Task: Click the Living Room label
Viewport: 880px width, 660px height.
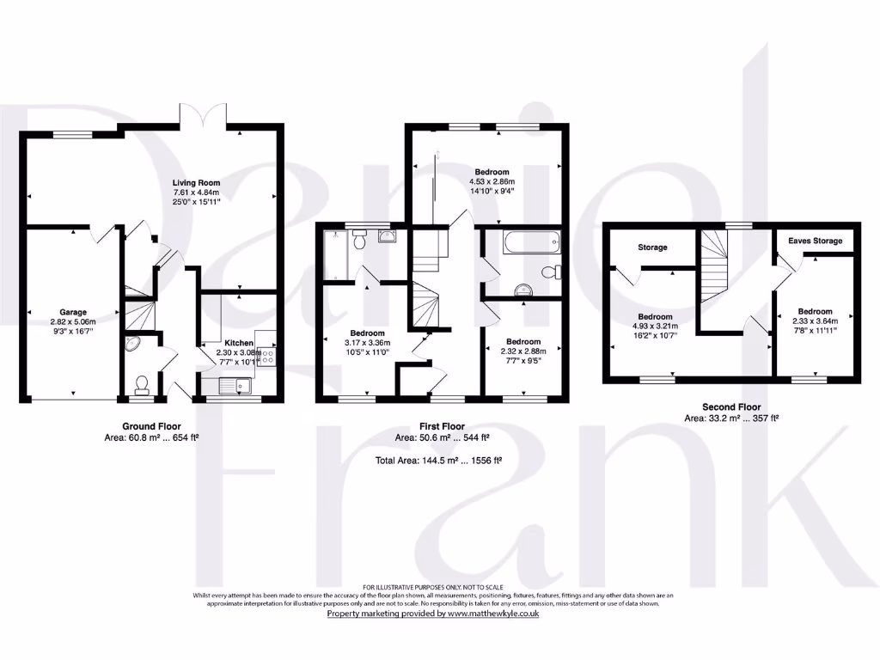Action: click(196, 182)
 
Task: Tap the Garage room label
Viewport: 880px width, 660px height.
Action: click(73, 312)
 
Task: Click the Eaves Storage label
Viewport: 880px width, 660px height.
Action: click(816, 241)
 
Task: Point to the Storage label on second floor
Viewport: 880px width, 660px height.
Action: click(652, 247)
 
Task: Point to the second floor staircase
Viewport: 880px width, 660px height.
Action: click(713, 266)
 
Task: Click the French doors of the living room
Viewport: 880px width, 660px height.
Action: click(208, 120)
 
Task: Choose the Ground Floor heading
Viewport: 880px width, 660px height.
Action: click(150, 426)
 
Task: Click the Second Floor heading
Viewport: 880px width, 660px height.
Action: click(730, 407)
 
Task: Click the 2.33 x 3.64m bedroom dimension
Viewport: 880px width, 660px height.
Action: click(815, 321)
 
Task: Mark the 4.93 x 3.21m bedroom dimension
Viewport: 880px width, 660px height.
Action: click(656, 327)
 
